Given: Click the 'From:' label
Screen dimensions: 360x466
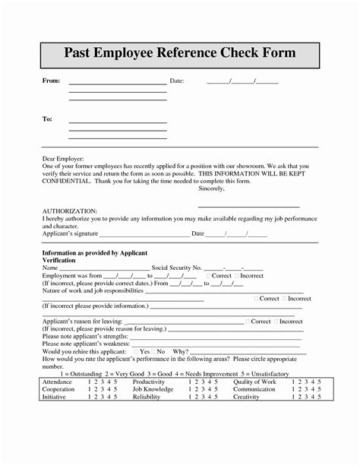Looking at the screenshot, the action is [49, 81].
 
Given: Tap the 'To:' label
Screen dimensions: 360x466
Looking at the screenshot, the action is [46, 119].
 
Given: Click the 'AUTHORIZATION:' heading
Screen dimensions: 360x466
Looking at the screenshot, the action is [69, 210].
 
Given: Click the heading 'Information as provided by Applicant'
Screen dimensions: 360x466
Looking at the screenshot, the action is [94, 252].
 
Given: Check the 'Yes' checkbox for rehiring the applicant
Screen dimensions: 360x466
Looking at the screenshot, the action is [135, 352].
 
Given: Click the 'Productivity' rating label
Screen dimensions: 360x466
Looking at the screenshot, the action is [149, 382].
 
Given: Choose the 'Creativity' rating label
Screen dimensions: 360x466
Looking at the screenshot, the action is [247, 396].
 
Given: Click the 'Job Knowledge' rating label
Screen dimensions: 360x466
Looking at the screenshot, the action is [152, 388].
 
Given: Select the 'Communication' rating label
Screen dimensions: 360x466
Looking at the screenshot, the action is [254, 388].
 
